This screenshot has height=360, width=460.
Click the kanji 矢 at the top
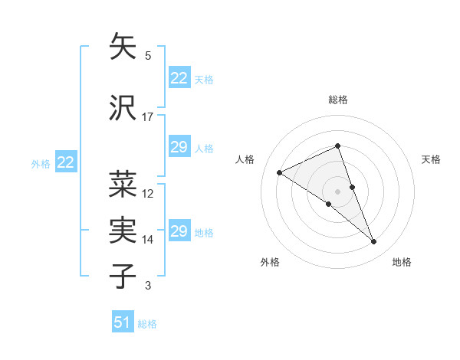[123, 47]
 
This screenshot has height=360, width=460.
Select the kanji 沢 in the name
[123, 108]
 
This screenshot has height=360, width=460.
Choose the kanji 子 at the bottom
[123, 277]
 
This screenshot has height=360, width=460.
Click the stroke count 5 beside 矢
[148, 56]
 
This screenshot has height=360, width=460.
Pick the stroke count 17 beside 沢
[148, 117]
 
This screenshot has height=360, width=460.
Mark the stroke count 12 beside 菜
[148, 194]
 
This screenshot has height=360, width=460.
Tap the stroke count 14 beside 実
[148, 240]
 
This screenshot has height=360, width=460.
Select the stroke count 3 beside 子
[148, 286]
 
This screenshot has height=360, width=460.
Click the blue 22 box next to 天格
[179, 78]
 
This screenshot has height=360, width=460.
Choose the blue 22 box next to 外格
[66, 162]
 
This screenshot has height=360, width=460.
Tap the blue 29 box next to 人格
[179, 147]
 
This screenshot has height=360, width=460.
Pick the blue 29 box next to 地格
[179, 231]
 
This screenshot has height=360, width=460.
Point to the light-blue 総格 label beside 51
[147, 324]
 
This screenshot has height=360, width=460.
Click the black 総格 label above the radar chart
[337, 100]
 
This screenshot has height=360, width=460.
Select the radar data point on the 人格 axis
[280, 172]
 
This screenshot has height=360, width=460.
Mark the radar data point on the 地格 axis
[374, 241]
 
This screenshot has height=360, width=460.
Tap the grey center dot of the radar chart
[337, 191]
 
